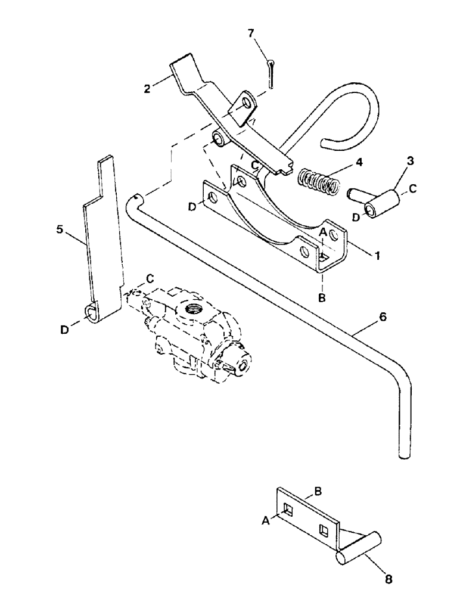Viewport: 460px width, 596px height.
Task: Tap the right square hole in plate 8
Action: coord(324,529)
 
